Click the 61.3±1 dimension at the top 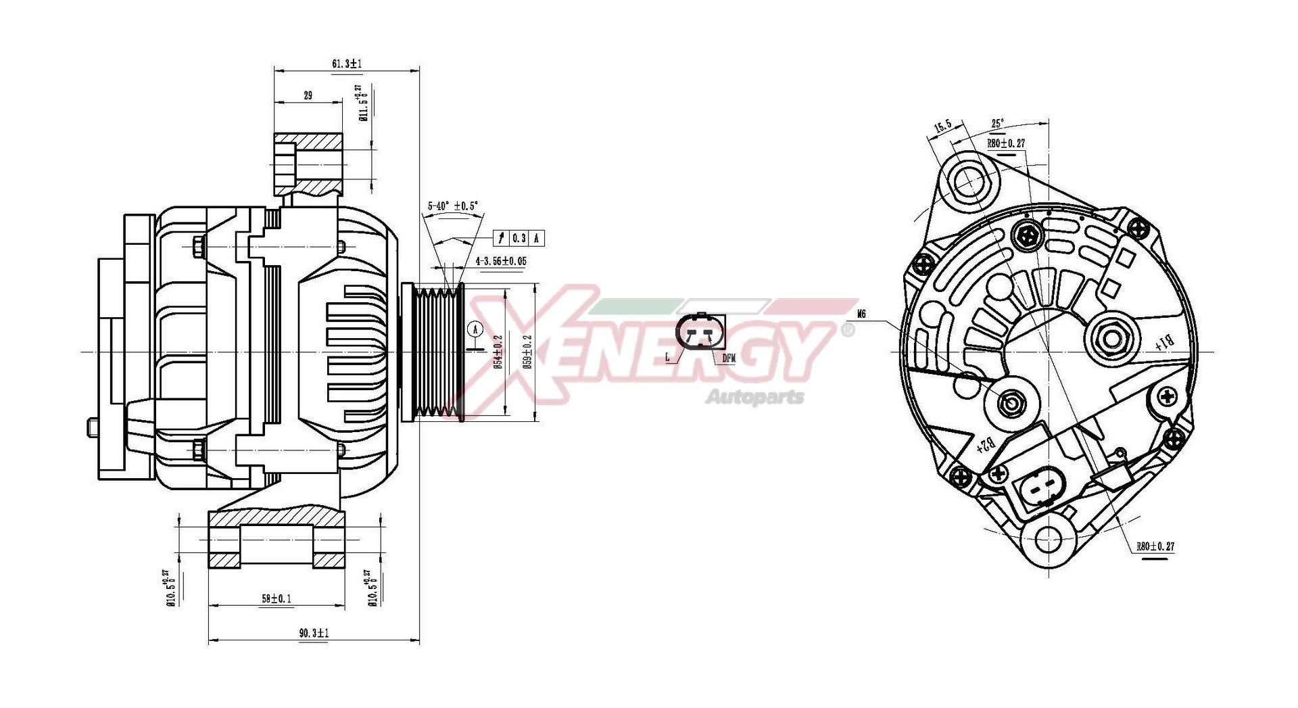(347, 64)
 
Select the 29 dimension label (308, 96)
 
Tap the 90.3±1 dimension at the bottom (314, 634)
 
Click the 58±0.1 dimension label (276, 598)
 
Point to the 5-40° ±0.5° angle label (452, 206)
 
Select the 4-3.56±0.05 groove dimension (501, 261)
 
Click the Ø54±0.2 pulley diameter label (498, 352)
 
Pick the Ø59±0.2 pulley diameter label (528, 352)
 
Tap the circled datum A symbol (476, 330)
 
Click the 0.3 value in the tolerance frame (519, 238)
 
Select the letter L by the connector (668, 356)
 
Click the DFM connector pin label (729, 358)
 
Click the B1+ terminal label (1165, 344)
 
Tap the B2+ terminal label (986, 445)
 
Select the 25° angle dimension (997, 124)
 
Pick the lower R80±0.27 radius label (1155, 546)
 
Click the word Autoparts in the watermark (754, 396)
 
